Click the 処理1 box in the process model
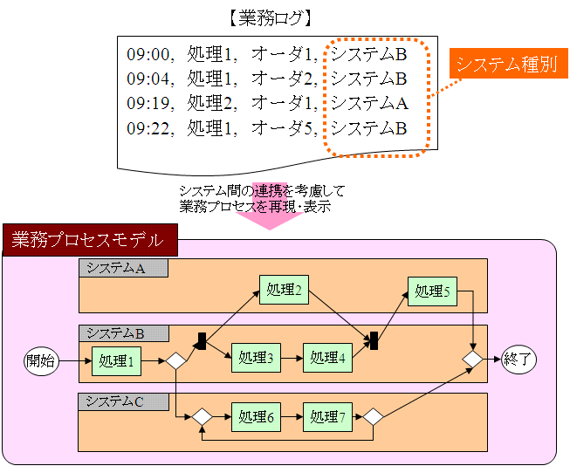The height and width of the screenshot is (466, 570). coord(116,361)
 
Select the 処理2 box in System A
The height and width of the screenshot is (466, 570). coord(284,290)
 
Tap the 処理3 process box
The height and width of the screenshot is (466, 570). coord(256,358)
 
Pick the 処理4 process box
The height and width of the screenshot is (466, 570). coord(327,358)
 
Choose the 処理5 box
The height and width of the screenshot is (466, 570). coord(432,291)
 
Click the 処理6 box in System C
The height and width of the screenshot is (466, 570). coord(256,417)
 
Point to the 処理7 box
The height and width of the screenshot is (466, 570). coord(327,417)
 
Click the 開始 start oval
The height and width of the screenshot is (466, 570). coord(41,361)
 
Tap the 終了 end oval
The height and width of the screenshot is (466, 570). coord(518,360)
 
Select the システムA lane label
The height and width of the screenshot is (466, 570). coord(124,268)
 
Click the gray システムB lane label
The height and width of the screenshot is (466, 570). coord(124,333)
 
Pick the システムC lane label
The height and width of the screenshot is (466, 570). coord(124,401)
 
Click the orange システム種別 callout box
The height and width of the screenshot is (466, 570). coord(509,63)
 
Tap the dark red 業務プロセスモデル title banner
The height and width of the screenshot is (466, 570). coord(90,240)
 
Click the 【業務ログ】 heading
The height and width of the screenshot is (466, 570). coord(270,18)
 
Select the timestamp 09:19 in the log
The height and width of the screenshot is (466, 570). coord(148,103)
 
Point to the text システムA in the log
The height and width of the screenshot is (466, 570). coord(369,103)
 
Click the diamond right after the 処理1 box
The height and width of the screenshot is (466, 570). coord(176,361)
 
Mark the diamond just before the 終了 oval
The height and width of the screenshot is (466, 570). coord(472,360)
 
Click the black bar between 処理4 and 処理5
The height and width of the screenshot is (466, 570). coord(374,340)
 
